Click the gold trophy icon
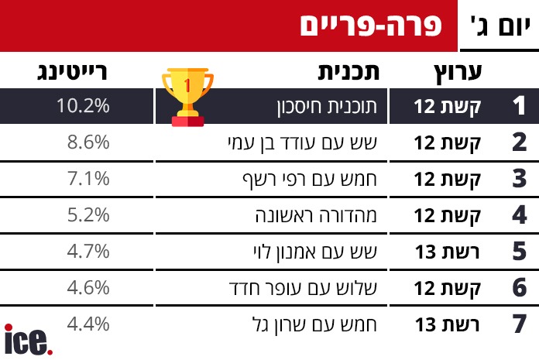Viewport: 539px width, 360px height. click(x=187, y=98)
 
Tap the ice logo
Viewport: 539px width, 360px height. click(x=28, y=340)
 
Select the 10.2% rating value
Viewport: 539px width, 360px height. click(x=83, y=105)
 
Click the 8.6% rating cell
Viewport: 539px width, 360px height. click(x=88, y=142)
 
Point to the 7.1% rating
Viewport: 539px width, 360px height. click(x=88, y=179)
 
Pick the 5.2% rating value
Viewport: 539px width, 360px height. click(x=88, y=215)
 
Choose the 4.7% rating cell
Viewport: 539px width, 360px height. click(x=88, y=252)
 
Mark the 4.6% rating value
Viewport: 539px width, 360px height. click(x=88, y=288)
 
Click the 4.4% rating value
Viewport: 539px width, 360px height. click(x=88, y=324)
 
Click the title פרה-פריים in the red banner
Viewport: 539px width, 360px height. click(x=370, y=25)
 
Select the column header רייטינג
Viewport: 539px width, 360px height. click(x=72, y=72)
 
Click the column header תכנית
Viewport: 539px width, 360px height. click(x=348, y=72)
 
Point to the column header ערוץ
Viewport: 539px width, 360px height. click(x=458, y=74)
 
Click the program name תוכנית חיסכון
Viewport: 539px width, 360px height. click(x=327, y=107)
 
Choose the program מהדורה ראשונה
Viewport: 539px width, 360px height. click(x=316, y=215)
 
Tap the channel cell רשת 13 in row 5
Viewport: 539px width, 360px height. click(x=447, y=252)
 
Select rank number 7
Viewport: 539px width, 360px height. click(x=520, y=324)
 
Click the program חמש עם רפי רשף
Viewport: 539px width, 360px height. click(x=310, y=180)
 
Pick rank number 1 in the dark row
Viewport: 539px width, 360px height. click(x=519, y=105)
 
